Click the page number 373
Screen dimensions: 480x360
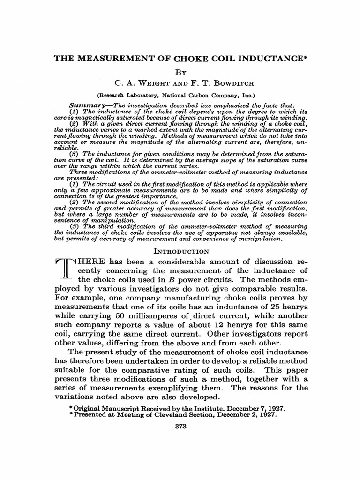180,439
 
